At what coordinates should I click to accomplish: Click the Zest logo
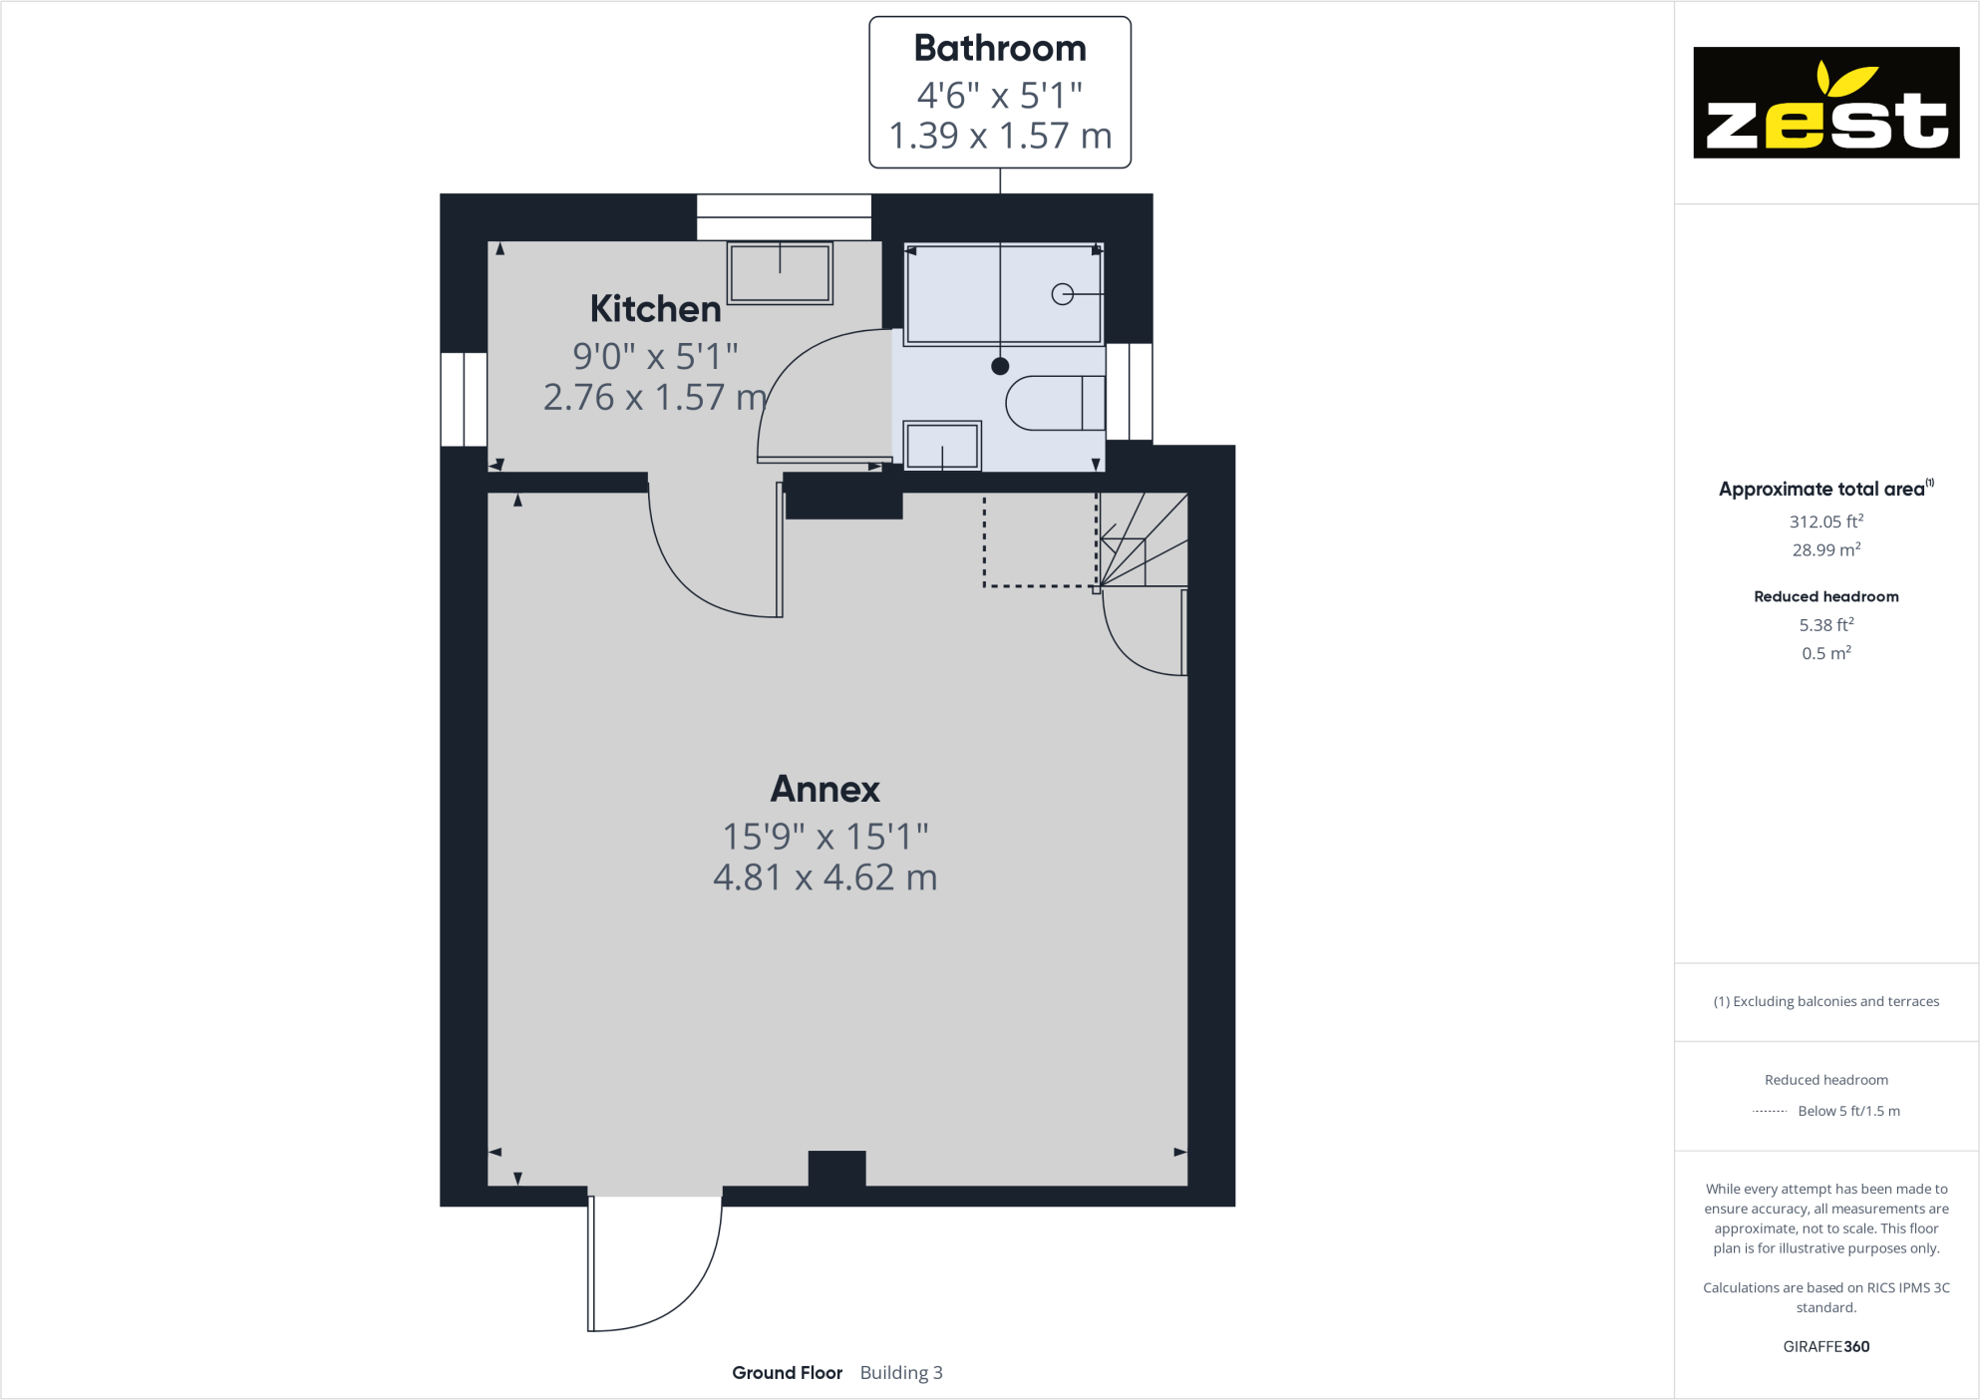click(1825, 103)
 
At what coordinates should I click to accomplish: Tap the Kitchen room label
click(655, 309)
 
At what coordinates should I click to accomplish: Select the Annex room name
click(825, 790)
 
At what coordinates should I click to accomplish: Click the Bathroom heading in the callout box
click(999, 49)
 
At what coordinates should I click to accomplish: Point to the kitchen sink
click(780, 272)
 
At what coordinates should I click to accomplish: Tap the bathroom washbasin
click(941, 446)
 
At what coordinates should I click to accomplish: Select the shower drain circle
click(1062, 294)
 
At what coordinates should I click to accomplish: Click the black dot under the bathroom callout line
click(1000, 366)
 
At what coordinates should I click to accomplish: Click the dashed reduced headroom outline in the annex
click(1038, 585)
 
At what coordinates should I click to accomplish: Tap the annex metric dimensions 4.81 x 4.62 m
click(825, 877)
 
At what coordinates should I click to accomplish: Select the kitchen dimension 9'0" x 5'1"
click(655, 356)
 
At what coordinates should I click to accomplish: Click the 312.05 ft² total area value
click(1825, 522)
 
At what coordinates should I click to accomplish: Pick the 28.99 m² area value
click(1825, 550)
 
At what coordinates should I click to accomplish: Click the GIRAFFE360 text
click(1825, 1346)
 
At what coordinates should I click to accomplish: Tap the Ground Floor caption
click(787, 1373)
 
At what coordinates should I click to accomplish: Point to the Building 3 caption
click(901, 1373)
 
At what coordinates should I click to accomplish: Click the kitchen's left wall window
click(464, 399)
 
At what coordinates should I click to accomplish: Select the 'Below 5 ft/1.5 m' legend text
click(1848, 1111)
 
